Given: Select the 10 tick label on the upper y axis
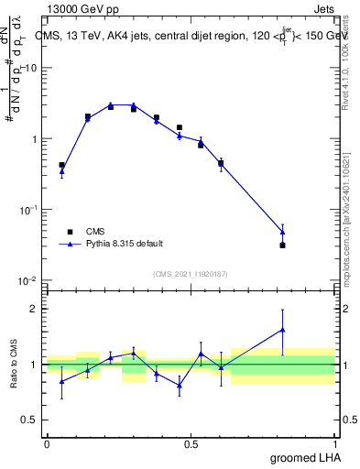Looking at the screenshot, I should tap(31, 69).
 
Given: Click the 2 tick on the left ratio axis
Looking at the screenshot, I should tap(35, 309).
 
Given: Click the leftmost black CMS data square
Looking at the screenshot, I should tap(61, 165).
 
